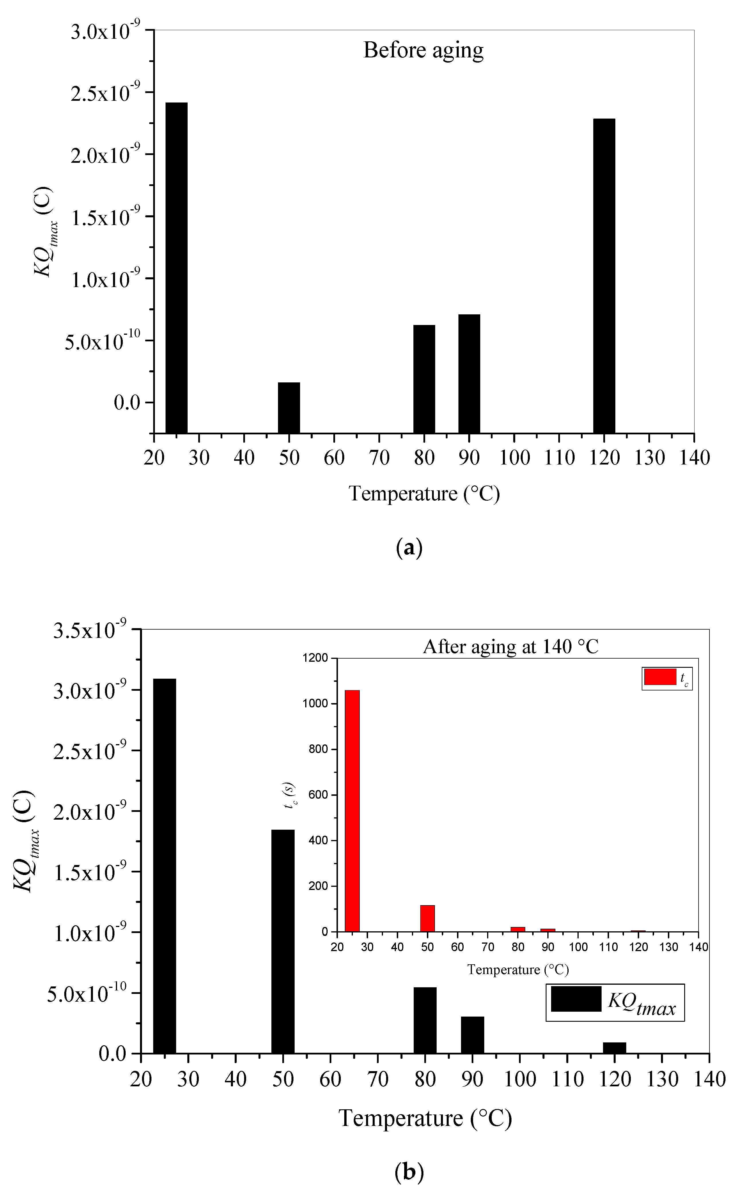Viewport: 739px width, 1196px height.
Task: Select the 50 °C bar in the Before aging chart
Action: point(289,407)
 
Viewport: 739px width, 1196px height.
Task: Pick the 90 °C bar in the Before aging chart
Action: point(469,373)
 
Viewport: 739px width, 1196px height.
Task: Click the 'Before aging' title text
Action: point(423,50)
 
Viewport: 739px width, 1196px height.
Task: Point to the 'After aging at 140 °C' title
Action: point(511,647)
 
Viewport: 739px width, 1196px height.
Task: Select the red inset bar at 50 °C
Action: point(428,918)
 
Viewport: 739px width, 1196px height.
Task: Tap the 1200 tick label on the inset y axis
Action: point(315,658)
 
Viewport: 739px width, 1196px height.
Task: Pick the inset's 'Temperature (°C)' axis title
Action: point(518,969)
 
